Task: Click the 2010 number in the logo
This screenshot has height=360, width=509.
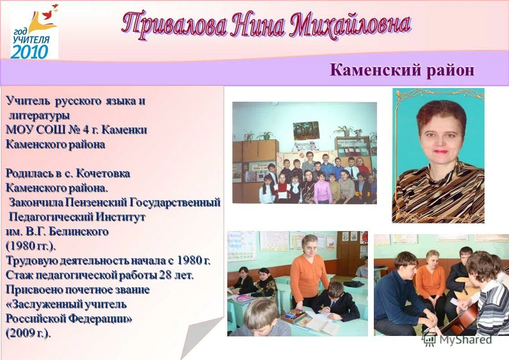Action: coord(29,51)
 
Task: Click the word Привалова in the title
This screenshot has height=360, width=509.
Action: coord(175,25)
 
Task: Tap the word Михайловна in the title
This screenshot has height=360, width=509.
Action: coord(351,25)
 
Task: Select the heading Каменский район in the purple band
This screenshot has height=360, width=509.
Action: coord(402,70)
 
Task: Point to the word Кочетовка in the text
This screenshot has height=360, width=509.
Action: coord(103,173)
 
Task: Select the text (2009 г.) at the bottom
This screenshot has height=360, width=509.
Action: coord(28,333)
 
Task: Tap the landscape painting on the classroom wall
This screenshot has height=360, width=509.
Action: coord(306,131)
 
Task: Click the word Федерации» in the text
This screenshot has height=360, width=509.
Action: coord(101,318)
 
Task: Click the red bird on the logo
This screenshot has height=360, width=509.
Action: coord(55,7)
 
